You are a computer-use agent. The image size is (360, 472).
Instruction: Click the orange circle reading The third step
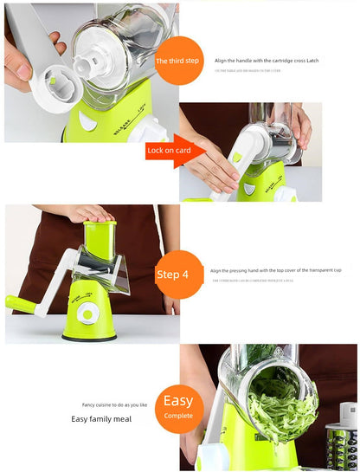(x=178, y=61)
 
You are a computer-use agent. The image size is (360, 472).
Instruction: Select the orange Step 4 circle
(x=178, y=275)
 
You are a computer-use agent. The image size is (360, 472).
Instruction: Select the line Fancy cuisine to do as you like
(x=113, y=404)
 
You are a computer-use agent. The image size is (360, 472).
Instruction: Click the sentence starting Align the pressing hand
(x=275, y=270)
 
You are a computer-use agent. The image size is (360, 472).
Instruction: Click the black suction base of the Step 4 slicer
(x=90, y=335)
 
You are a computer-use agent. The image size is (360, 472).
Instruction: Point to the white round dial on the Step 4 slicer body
(x=88, y=310)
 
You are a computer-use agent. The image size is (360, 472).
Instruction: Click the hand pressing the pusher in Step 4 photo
(x=89, y=213)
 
